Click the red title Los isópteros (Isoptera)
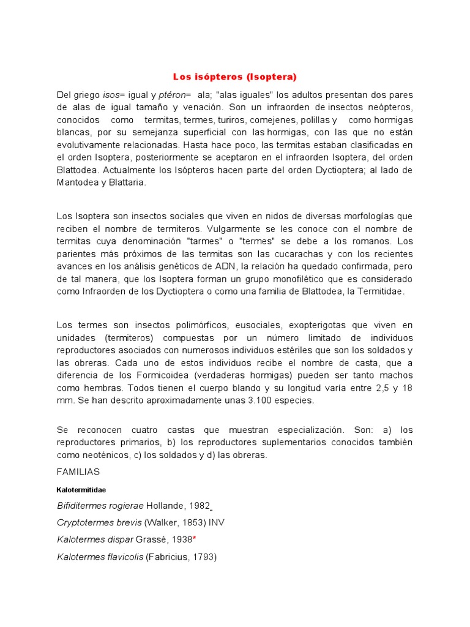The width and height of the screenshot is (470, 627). click(234, 77)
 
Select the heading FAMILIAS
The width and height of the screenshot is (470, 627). click(78, 472)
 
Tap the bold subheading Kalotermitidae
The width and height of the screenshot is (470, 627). click(81, 490)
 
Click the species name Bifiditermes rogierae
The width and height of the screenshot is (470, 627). click(100, 506)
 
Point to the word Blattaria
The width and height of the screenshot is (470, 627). click(127, 182)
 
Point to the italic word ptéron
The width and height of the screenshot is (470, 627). click(174, 95)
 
